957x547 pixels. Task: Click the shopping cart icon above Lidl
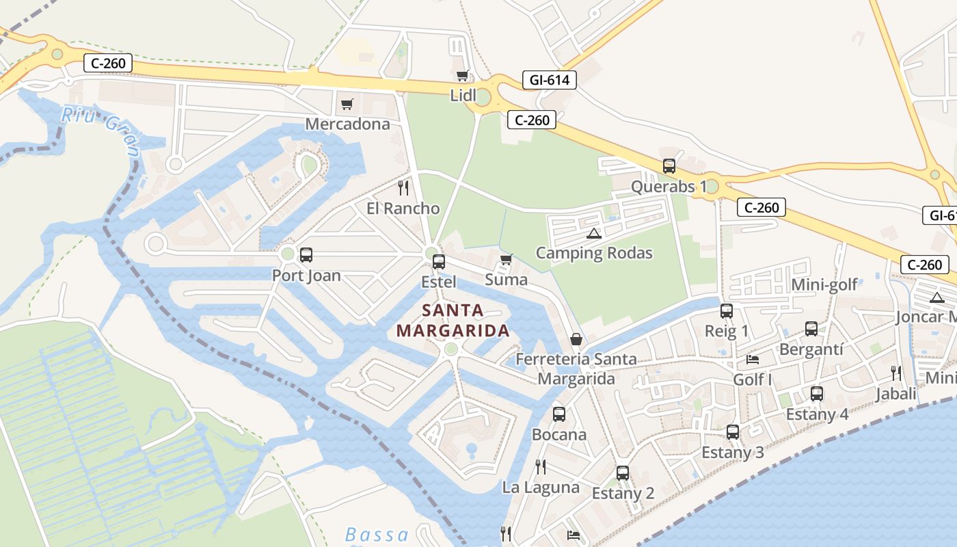[462, 76]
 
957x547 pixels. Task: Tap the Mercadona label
[347, 124]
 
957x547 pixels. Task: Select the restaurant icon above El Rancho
[403, 187]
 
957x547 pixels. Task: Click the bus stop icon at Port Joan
[306, 255]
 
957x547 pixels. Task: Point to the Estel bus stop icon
[439, 261]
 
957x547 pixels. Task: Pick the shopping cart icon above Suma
[506, 259]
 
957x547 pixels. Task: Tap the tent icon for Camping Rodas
[594, 234]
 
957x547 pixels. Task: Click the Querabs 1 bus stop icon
[669, 166]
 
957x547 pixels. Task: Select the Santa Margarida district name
[453, 320]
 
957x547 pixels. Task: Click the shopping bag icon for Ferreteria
[576, 339]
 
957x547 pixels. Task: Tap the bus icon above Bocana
[558, 414]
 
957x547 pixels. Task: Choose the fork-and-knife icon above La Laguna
[540, 467]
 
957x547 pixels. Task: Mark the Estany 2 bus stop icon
[622, 472]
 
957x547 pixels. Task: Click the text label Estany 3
[733, 452]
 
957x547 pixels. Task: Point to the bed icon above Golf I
[752, 360]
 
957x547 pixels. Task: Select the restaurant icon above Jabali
[895, 373]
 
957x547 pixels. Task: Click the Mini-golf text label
[824, 284]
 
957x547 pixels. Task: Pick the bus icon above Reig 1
[726, 311]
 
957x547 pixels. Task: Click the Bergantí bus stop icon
[811, 329]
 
